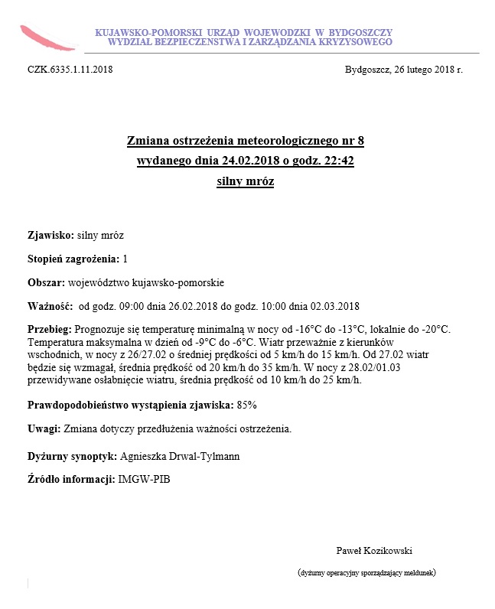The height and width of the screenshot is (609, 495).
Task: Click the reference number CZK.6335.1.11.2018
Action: pyautogui.click(x=70, y=70)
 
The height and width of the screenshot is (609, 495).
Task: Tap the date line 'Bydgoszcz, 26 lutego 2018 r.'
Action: pyautogui.click(x=404, y=70)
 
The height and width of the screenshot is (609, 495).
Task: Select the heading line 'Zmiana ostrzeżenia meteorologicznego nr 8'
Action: pyautogui.click(x=246, y=142)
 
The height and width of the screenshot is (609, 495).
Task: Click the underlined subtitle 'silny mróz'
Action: pyautogui.click(x=246, y=182)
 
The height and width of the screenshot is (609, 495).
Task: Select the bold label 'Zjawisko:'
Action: pyautogui.click(x=50, y=234)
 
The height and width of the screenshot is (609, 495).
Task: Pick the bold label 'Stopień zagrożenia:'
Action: pyautogui.click(x=73, y=259)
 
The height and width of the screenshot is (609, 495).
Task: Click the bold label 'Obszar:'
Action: pyautogui.click(x=41, y=282)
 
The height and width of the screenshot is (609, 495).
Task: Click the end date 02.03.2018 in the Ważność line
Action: pyautogui.click(x=335, y=307)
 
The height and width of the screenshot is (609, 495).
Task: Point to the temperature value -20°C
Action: pyautogui.click(x=434, y=329)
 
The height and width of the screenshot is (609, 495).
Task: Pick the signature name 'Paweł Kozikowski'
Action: pyautogui.click(x=374, y=550)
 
